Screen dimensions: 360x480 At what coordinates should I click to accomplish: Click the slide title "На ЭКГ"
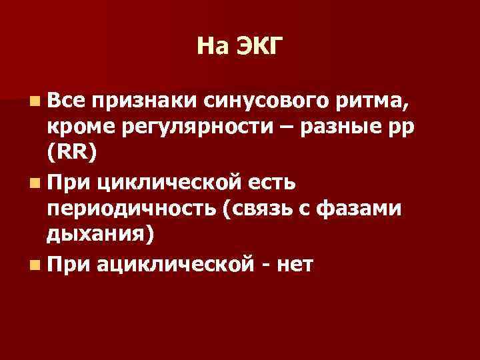(x=240, y=46)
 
